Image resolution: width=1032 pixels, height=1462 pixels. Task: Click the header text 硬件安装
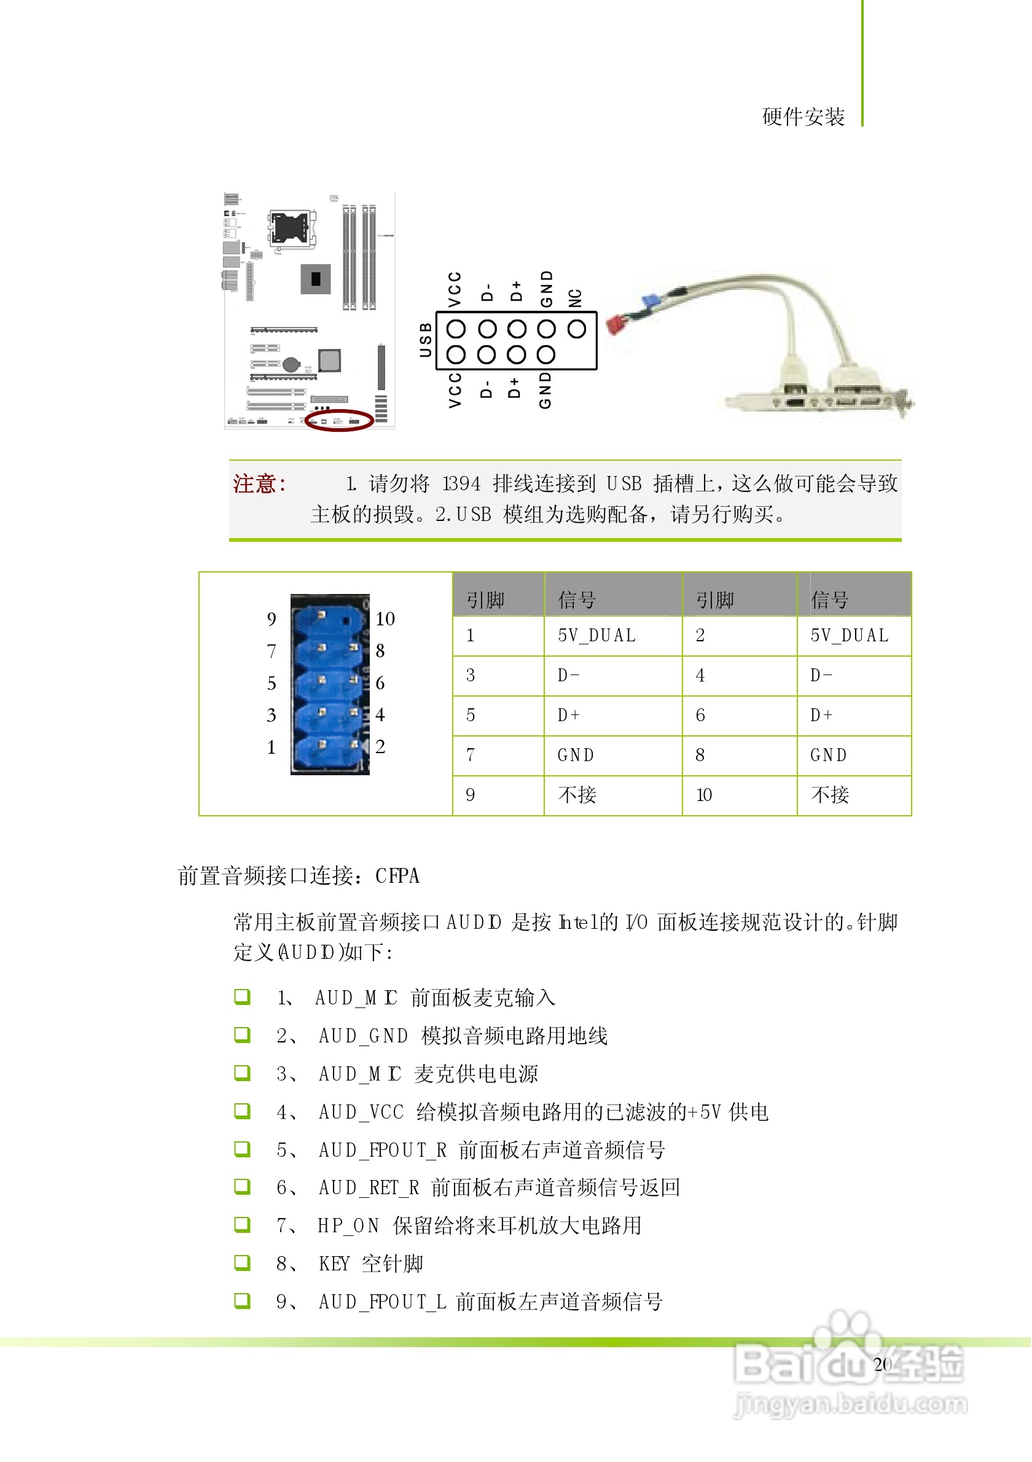tap(803, 117)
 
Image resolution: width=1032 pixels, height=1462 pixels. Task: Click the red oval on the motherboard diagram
tap(339, 421)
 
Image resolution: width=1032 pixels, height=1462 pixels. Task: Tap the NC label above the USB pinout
tap(576, 298)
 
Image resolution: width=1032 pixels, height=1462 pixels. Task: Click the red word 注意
tap(259, 484)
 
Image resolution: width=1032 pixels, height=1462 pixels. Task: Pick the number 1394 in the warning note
tap(461, 484)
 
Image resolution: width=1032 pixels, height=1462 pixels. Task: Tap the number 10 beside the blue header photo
tap(385, 619)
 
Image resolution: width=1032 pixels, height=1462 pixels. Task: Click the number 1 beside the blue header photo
tap(272, 748)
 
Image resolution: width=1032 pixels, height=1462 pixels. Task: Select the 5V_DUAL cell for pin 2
tap(850, 636)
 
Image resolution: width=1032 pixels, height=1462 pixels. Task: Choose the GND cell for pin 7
tap(576, 755)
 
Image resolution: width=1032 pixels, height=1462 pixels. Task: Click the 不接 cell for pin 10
tap(830, 795)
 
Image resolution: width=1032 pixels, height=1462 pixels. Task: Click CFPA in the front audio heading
tap(397, 877)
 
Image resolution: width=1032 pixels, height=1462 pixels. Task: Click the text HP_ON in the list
tap(348, 1225)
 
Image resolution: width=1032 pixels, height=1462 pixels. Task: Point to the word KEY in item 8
tap(334, 1264)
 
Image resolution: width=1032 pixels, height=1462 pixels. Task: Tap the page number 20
tap(883, 1364)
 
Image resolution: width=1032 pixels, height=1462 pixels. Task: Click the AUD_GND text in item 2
tap(364, 1036)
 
